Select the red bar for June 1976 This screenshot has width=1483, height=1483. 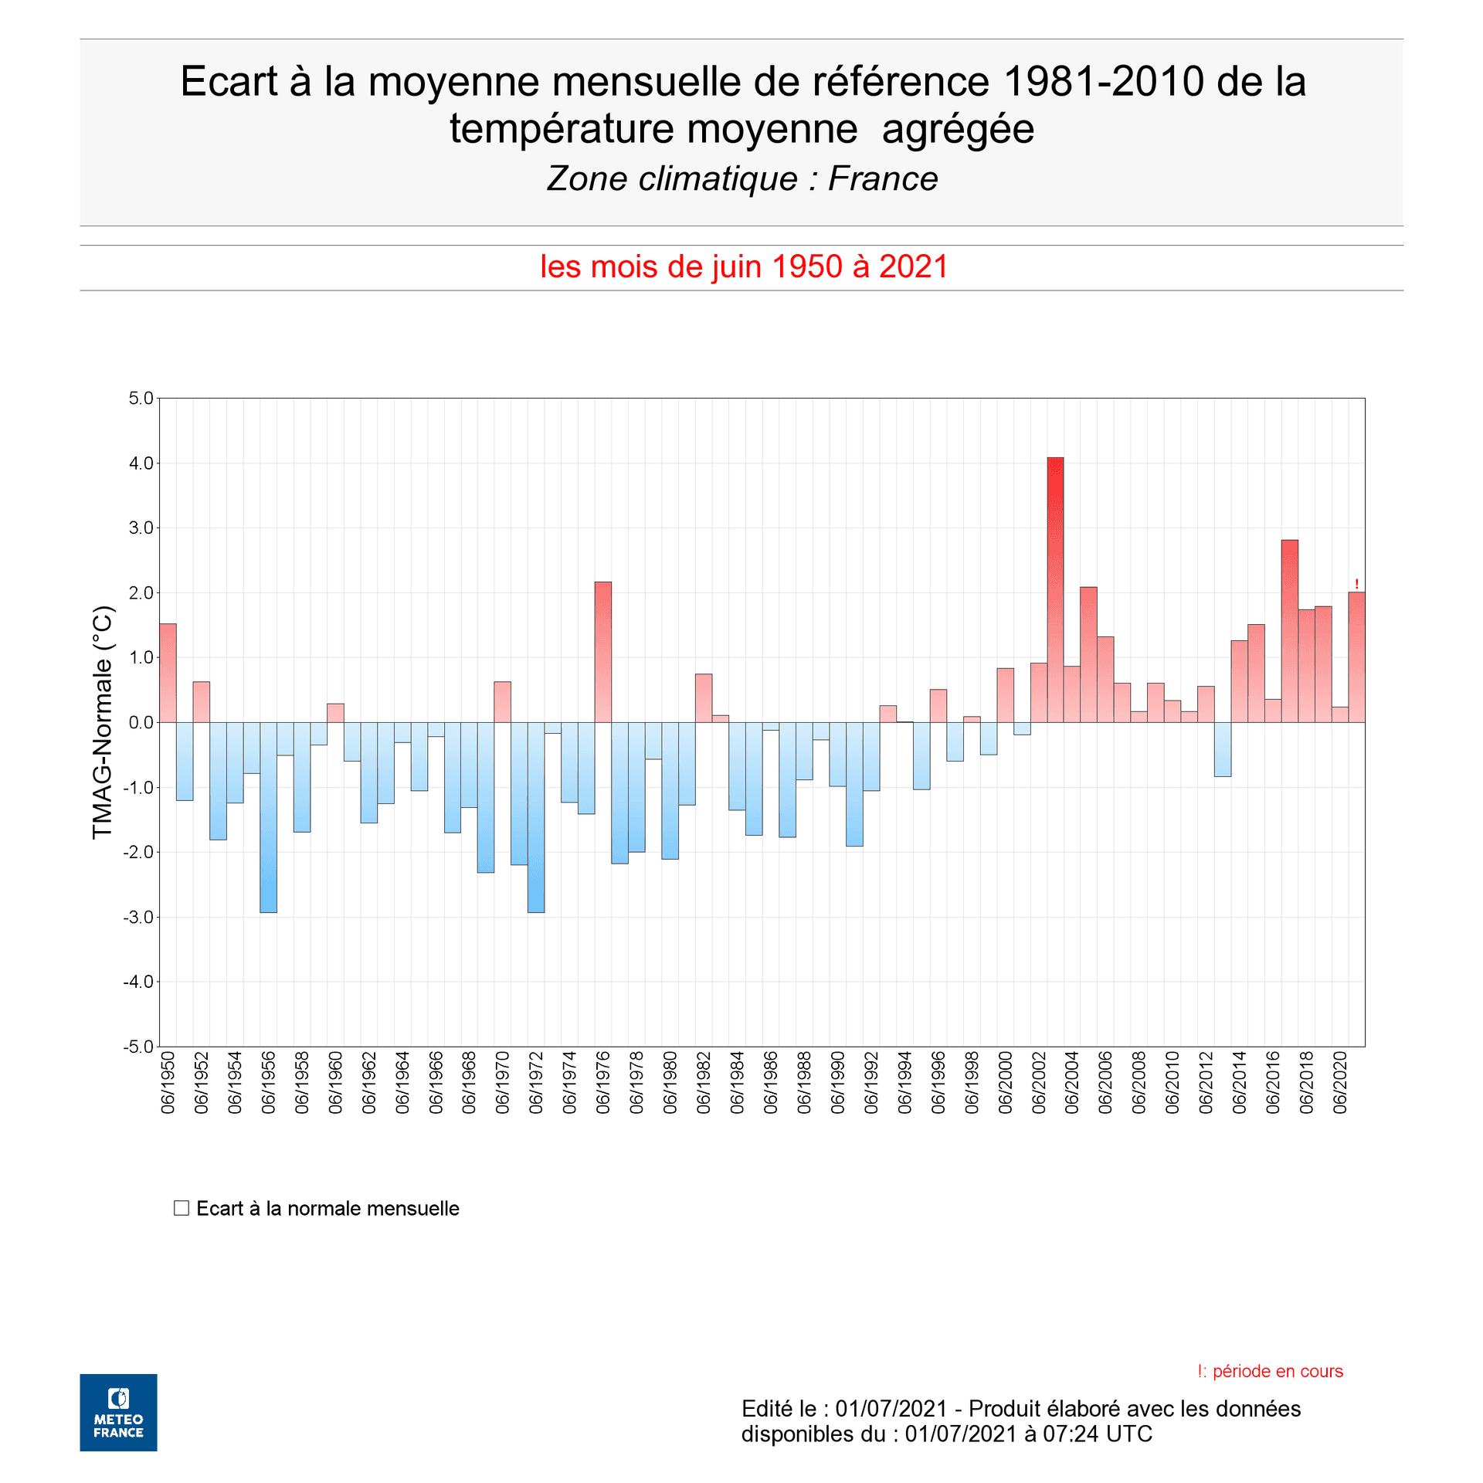602,652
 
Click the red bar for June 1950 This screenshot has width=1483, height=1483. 168,673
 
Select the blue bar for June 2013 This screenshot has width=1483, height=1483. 1222,749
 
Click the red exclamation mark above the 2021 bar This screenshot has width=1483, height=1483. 1356,585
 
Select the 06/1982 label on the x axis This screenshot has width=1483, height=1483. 704,1082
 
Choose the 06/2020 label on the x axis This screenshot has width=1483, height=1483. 1340,1082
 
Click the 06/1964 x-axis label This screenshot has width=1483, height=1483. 402,1082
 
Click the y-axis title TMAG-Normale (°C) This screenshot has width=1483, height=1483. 103,722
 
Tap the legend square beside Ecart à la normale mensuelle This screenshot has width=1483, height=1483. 182,1208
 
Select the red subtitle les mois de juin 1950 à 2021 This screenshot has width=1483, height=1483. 743,267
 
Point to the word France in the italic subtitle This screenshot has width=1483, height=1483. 883,179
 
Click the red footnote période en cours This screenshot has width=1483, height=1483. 1270,1371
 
